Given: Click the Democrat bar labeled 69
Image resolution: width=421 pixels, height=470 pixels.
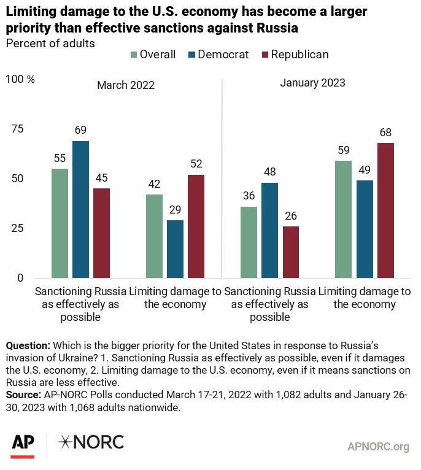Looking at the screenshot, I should pyautogui.click(x=80, y=209).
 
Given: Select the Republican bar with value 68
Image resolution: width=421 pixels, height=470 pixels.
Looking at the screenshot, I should pyautogui.click(x=385, y=210).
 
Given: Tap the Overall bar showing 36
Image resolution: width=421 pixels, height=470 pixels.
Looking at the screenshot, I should pyautogui.click(x=249, y=242).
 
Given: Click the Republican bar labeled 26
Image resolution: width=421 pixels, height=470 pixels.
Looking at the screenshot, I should pyautogui.click(x=290, y=252).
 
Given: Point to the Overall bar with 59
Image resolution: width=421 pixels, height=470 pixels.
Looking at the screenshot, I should pyautogui.click(x=344, y=219).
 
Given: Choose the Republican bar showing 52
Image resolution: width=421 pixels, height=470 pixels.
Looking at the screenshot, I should pyautogui.click(x=196, y=226).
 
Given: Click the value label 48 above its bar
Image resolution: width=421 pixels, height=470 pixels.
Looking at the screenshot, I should pyautogui.click(x=269, y=172).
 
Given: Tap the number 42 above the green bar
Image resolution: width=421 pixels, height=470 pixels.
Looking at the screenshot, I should pyautogui.click(x=154, y=183).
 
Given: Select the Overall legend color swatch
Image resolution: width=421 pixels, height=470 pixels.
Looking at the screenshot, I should pyautogui.click(x=134, y=55).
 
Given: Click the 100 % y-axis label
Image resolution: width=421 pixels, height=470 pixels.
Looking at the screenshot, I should pyautogui.click(x=20, y=79).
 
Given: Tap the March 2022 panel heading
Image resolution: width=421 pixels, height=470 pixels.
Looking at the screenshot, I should pyautogui.click(x=126, y=85).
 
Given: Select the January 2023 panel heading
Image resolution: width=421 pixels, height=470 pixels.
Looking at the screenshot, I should pyautogui.click(x=313, y=83).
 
